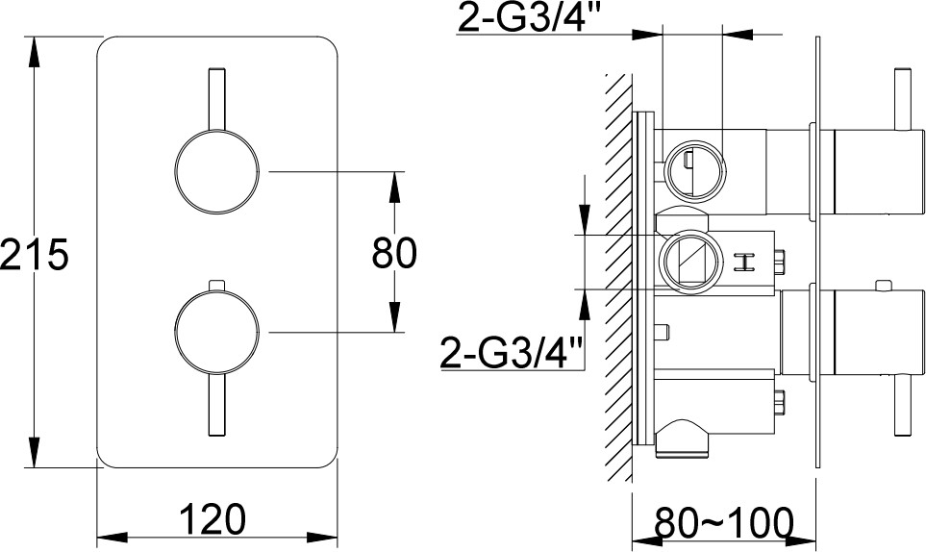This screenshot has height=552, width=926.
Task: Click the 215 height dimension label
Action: pos(35,255)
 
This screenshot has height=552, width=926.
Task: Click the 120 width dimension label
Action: pos(212,519)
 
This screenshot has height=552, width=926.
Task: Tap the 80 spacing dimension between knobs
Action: pos(394,253)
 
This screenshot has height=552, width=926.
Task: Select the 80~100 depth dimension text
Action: pos(723,521)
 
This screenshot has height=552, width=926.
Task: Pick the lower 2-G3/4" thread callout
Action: pos(512,353)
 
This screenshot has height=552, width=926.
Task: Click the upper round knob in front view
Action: pos(216,172)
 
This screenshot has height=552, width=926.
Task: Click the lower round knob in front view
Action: pos(216,332)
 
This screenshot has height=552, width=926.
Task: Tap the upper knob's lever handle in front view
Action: pos(216,99)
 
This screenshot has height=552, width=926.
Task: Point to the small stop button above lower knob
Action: pos(216,285)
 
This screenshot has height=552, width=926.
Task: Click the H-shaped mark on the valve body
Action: pos(744,263)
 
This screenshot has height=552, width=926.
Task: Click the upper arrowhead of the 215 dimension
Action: pos(34,53)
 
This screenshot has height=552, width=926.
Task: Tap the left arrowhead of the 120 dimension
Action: pos(113,538)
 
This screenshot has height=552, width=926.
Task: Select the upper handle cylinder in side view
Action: pos(878,172)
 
